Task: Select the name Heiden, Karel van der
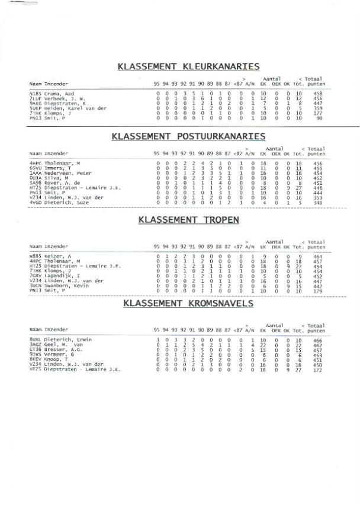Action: [75, 108]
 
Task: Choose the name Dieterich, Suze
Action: [64, 203]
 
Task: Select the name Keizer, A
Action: [57, 256]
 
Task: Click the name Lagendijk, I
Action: [62, 276]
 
